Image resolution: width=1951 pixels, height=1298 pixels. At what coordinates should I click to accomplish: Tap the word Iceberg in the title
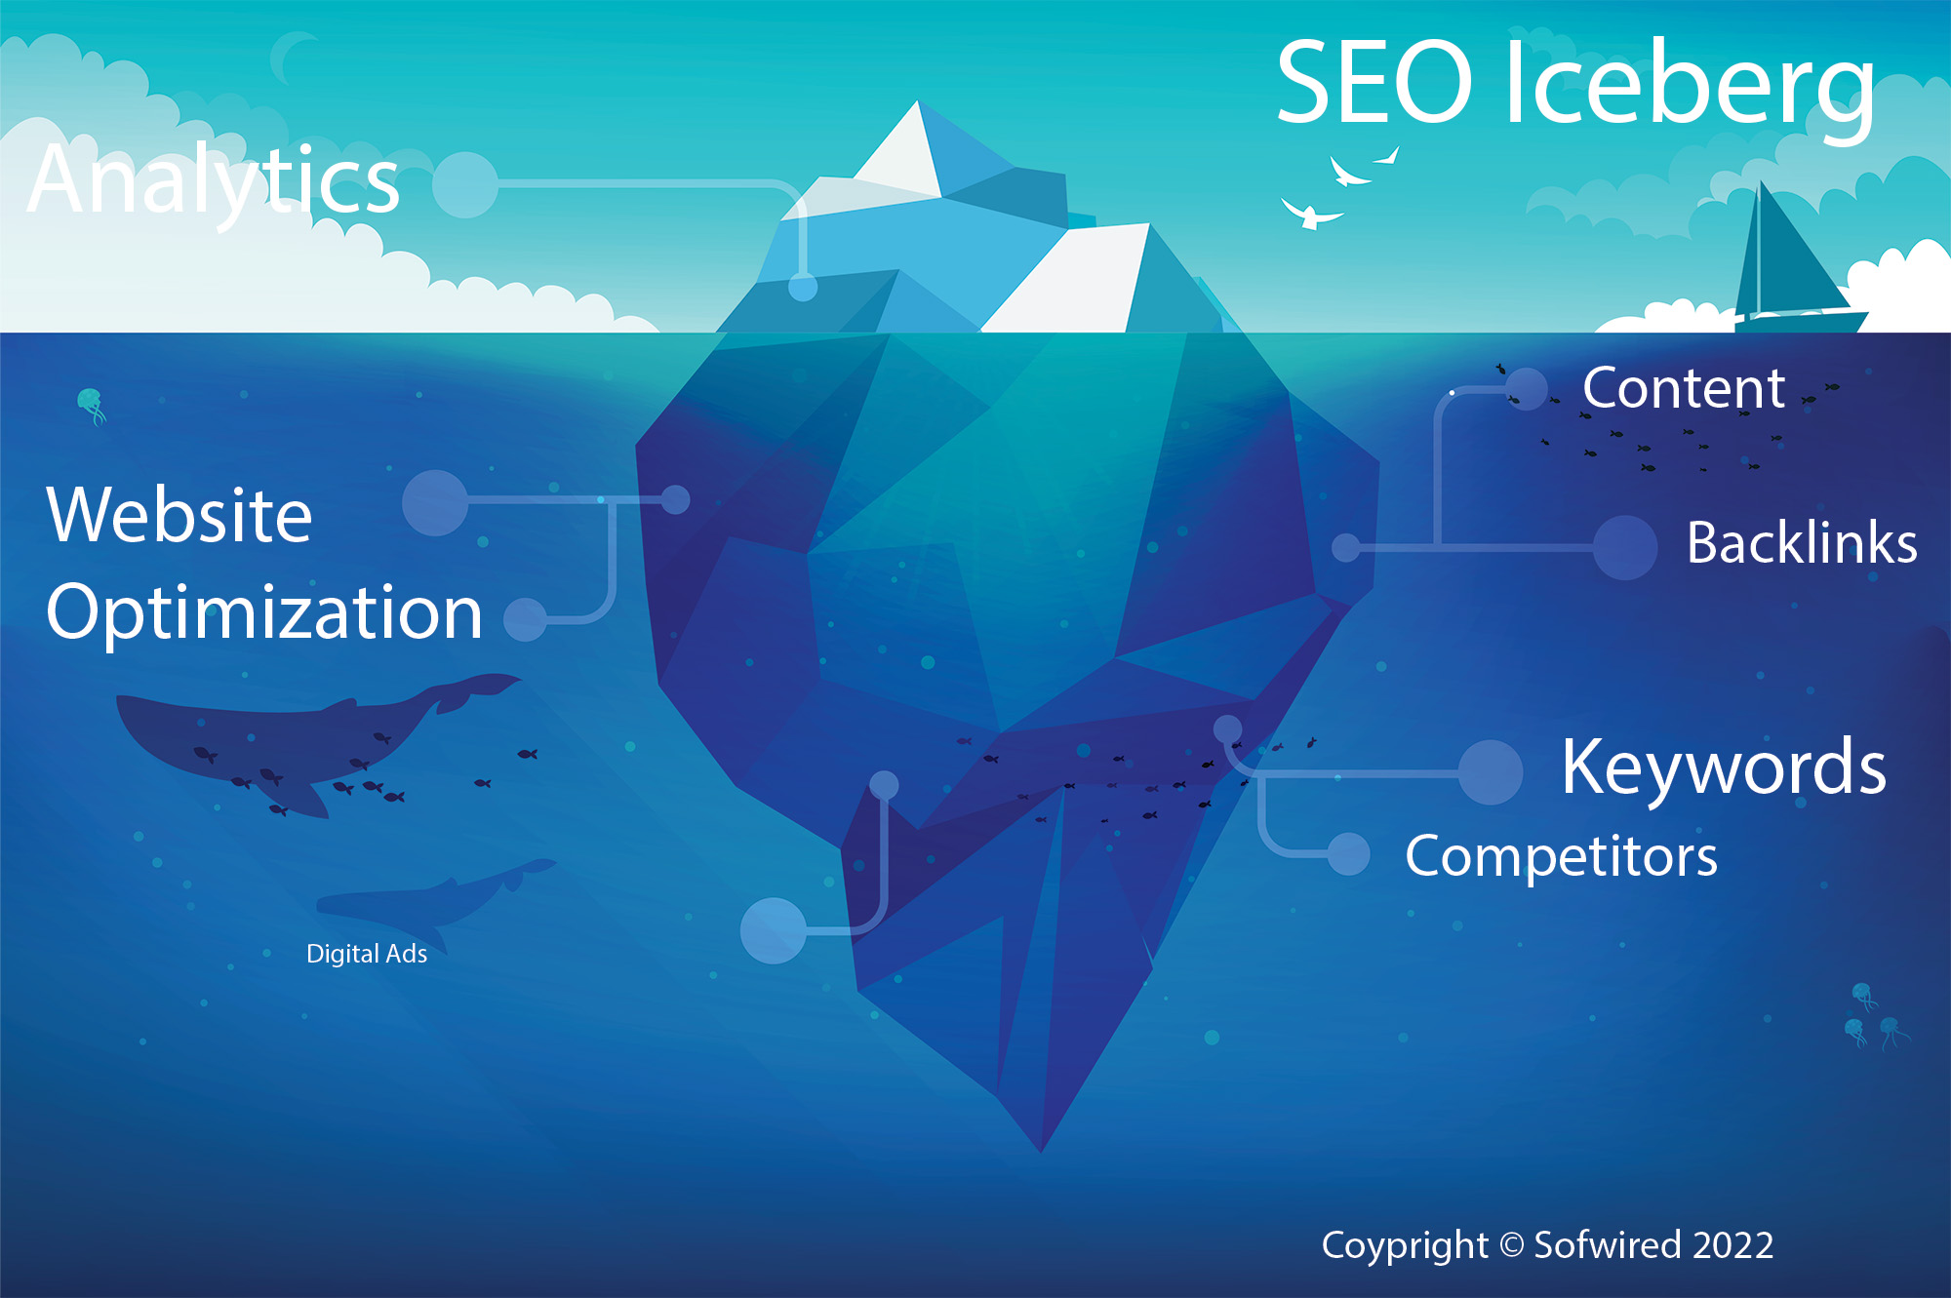pyautogui.click(x=1690, y=87)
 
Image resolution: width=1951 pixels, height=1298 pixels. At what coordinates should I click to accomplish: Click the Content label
pyautogui.click(x=1684, y=388)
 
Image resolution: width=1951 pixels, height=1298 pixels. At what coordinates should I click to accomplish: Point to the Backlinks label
pyautogui.click(x=1802, y=543)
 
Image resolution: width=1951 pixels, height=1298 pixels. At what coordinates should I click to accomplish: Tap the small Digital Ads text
pyautogui.click(x=367, y=954)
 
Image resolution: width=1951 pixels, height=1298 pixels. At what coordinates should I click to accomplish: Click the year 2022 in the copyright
pyautogui.click(x=1732, y=1245)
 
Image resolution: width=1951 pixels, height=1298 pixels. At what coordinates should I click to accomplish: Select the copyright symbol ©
pyautogui.click(x=1511, y=1246)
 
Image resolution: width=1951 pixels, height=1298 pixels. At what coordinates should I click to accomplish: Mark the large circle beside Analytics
pyautogui.click(x=465, y=184)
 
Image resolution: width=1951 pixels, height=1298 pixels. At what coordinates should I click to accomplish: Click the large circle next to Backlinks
pyautogui.click(x=1625, y=547)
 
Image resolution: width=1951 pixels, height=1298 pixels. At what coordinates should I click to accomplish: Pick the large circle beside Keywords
pyautogui.click(x=1491, y=772)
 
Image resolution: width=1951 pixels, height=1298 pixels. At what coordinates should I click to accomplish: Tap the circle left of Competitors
pyautogui.click(x=1349, y=854)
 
